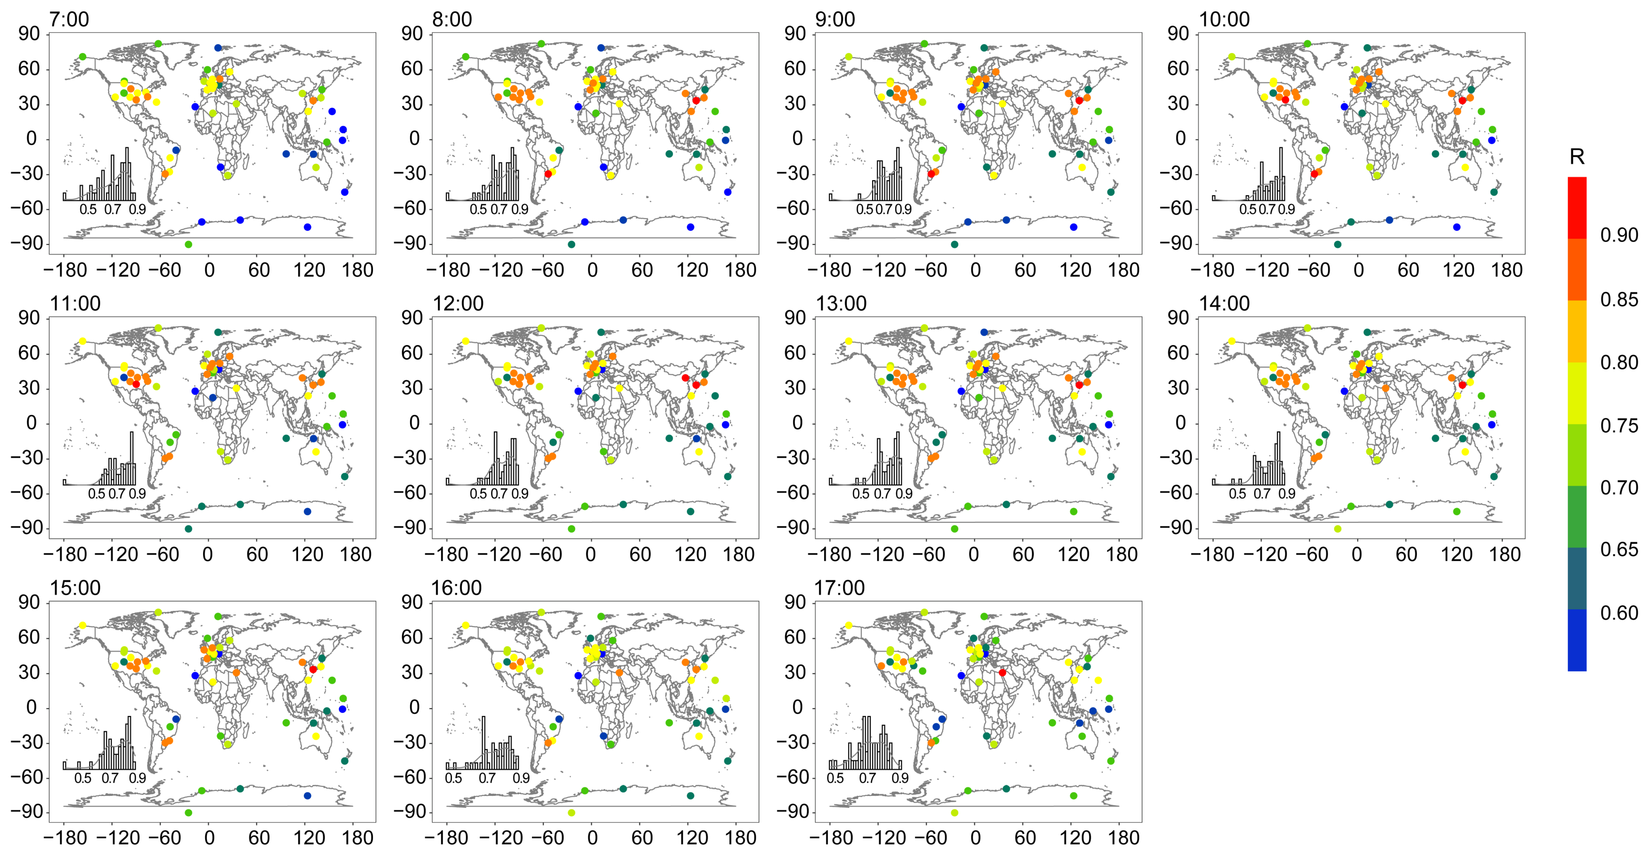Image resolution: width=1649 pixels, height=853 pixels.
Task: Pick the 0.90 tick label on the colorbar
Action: pos(1619,235)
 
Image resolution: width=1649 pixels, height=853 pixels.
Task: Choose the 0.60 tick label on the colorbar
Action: pos(1619,613)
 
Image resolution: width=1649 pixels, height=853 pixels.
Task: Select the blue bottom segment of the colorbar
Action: pos(1577,640)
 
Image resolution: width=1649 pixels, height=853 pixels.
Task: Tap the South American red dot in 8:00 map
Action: pos(548,174)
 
